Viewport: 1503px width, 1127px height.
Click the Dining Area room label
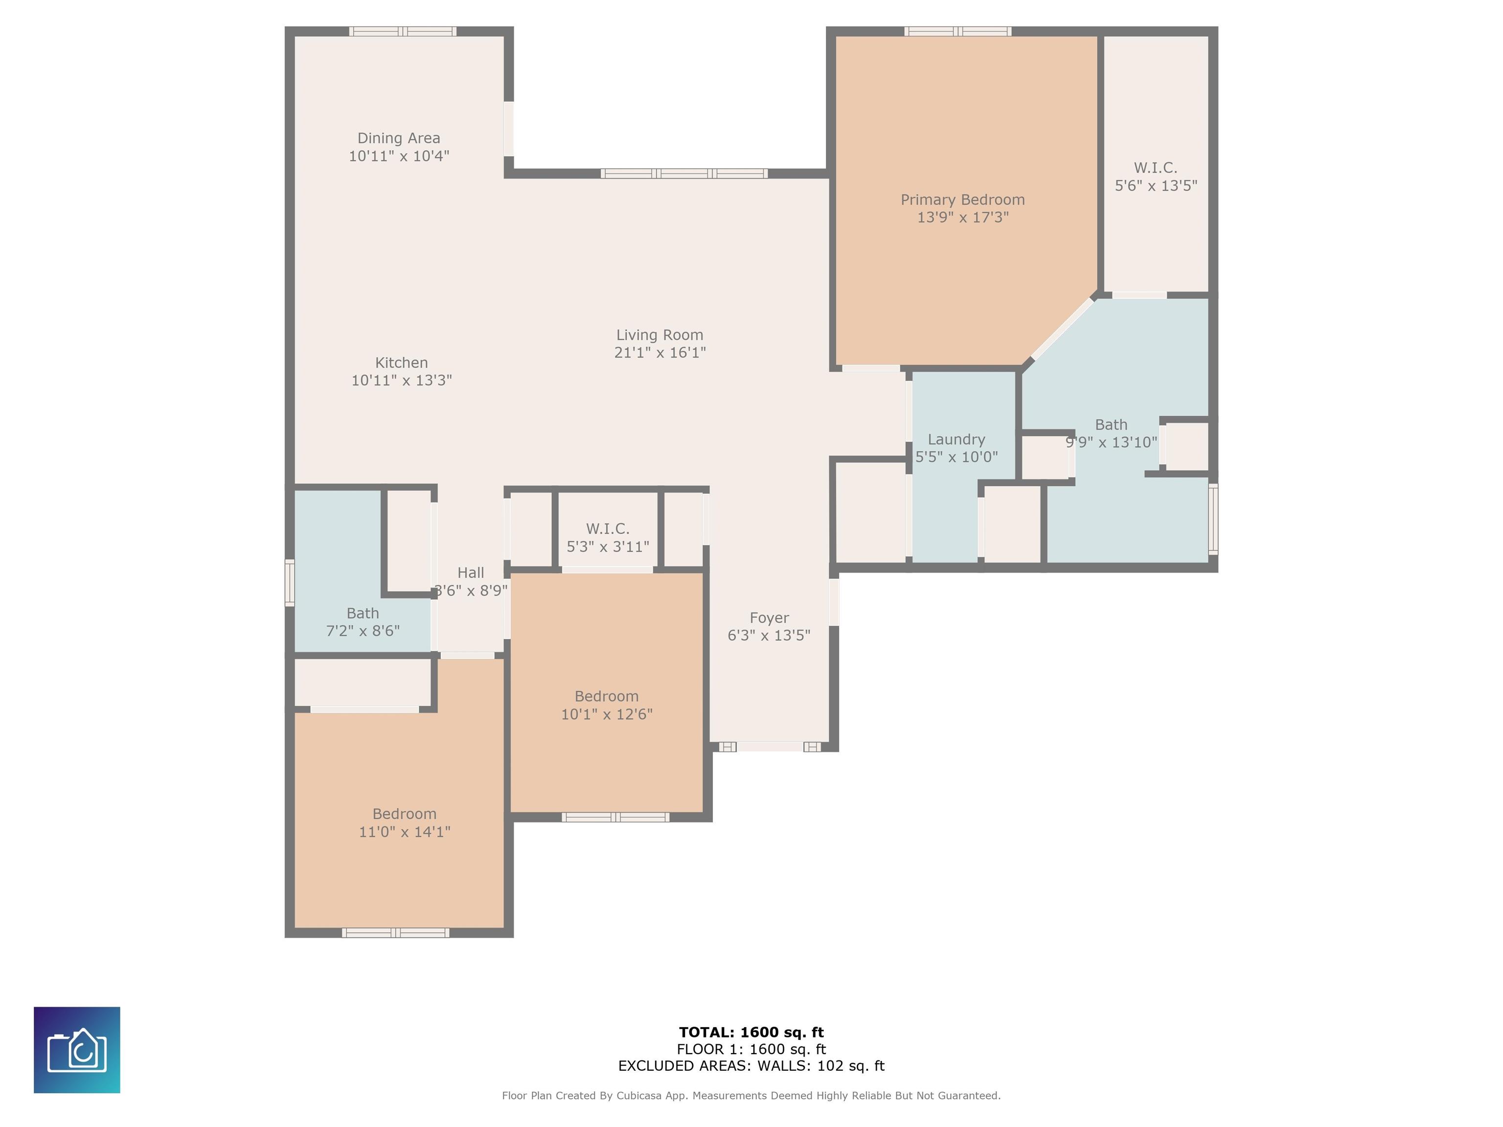click(x=399, y=138)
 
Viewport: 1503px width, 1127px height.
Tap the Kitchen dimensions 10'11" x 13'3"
click(x=402, y=381)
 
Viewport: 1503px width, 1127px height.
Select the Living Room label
click(x=660, y=335)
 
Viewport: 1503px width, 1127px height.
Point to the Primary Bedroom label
click(x=963, y=200)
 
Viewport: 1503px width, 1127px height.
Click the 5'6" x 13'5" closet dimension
click(x=1156, y=185)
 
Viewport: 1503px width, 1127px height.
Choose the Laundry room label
click(x=956, y=440)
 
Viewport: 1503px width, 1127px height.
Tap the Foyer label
click(x=769, y=617)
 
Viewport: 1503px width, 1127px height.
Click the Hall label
click(x=471, y=573)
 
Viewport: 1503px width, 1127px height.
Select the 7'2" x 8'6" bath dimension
click(x=363, y=631)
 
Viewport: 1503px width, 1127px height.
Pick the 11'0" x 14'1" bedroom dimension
click(x=404, y=832)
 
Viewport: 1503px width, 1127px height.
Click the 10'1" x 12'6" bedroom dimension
click(x=607, y=714)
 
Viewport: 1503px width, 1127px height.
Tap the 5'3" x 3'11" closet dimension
click(x=608, y=546)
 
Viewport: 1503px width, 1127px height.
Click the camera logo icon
click(x=77, y=1050)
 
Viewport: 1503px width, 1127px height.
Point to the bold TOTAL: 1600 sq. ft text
click(x=751, y=1033)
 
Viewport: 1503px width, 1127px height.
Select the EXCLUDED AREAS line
click(x=751, y=1066)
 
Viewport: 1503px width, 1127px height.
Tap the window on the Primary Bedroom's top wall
click(x=957, y=31)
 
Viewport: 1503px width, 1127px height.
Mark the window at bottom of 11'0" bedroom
click(x=395, y=933)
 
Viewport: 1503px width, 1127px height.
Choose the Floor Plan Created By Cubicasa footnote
click(x=751, y=1096)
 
